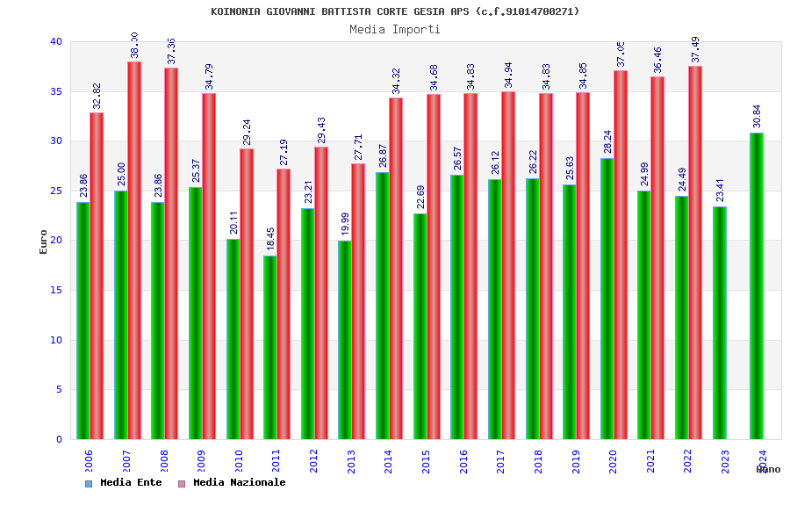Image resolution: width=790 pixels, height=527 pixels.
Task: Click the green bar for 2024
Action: (757, 285)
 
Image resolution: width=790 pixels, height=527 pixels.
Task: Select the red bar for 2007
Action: (134, 250)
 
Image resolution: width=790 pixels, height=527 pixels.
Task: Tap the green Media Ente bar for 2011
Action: (270, 347)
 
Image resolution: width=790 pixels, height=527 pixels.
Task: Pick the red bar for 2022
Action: (695, 252)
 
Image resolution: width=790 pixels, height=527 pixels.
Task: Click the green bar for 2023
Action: (720, 322)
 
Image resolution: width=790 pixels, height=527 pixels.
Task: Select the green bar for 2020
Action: (607, 299)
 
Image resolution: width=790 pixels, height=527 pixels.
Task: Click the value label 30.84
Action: (757, 116)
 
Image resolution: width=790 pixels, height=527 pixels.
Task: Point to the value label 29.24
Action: (246, 132)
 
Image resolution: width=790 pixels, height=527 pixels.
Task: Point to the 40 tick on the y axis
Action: (56, 41)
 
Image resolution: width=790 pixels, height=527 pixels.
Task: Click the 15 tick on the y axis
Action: (56, 290)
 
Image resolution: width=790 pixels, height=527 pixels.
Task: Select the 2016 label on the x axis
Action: (463, 461)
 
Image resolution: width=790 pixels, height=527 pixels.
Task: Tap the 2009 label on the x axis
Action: (202, 461)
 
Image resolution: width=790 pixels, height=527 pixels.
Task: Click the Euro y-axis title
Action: (44, 242)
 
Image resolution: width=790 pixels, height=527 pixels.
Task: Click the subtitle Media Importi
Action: (395, 29)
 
